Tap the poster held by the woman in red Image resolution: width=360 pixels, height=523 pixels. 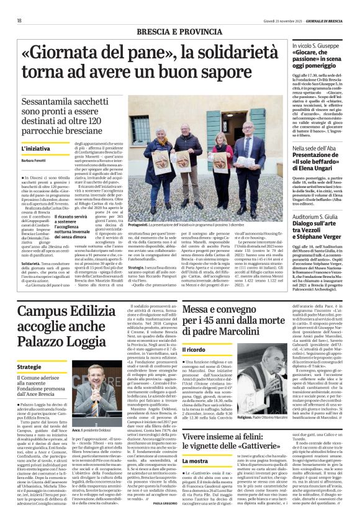pyautogui.click(x=220, y=159)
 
